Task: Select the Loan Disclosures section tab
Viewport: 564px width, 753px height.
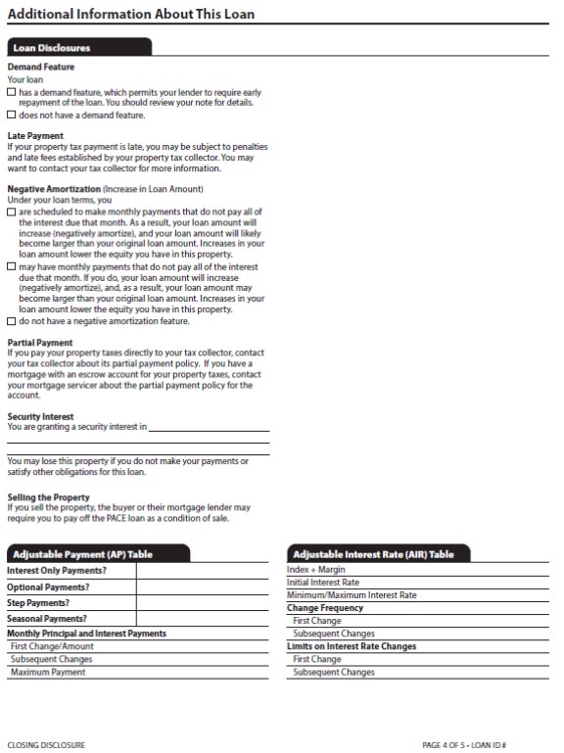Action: (x=52, y=47)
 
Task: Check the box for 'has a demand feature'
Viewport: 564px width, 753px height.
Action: (x=12, y=92)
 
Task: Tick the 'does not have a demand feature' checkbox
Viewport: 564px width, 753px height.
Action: (x=12, y=116)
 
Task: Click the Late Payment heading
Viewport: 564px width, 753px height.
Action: (x=35, y=136)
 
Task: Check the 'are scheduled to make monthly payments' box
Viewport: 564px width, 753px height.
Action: (x=12, y=212)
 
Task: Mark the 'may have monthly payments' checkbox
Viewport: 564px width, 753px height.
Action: (x=12, y=266)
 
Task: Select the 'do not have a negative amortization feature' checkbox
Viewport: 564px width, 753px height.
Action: (x=12, y=321)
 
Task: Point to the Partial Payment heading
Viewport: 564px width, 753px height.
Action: (x=40, y=343)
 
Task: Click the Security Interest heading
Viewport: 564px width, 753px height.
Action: (x=40, y=416)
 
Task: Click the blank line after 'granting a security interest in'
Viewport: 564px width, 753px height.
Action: (x=209, y=428)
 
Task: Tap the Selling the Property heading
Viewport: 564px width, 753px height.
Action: (x=48, y=497)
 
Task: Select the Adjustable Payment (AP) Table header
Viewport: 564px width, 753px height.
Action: (x=82, y=554)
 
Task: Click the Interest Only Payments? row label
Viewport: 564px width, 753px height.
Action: (x=57, y=571)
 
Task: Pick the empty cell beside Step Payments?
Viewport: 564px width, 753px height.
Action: (x=203, y=603)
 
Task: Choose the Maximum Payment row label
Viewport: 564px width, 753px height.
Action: (x=48, y=673)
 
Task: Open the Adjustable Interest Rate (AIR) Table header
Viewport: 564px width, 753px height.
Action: (x=373, y=554)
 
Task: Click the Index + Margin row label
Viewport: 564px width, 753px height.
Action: (x=316, y=570)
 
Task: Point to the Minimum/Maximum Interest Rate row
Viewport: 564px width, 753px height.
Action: (x=352, y=595)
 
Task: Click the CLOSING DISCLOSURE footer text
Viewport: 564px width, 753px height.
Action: (x=46, y=745)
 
